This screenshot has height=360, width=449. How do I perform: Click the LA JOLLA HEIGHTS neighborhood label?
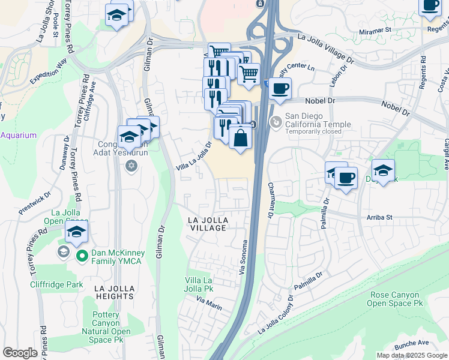[x=113, y=292]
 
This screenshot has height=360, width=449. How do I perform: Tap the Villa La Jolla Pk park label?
[x=199, y=285]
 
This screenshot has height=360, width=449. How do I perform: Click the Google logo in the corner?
[x=20, y=352]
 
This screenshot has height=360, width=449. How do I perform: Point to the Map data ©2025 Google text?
[x=412, y=355]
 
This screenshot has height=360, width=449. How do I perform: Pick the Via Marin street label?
[x=208, y=305]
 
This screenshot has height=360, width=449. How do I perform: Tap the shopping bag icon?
[x=240, y=137]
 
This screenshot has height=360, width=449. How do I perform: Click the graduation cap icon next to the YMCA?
[x=76, y=232]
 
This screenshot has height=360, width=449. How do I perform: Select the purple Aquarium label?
[x=18, y=135]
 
